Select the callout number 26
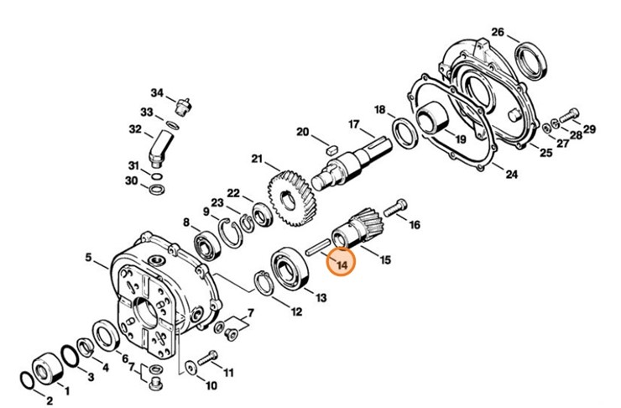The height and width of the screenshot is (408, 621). tap(498, 33)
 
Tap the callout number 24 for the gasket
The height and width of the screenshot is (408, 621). tap(511, 175)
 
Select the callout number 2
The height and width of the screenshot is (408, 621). tap(49, 399)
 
